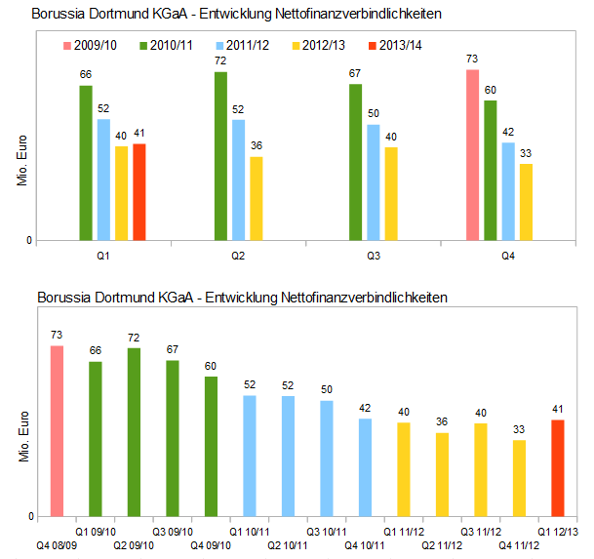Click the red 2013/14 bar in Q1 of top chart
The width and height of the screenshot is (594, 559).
coord(139,191)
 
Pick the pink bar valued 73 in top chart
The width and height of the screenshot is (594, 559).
coord(472,154)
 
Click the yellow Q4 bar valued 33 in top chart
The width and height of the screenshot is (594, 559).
coord(526,201)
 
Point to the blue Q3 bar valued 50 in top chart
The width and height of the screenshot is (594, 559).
coord(373,182)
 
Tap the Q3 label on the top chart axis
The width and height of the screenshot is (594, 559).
coord(373,256)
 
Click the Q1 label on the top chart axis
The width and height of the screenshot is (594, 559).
coord(103,256)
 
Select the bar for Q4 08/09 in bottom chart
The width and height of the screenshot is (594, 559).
coord(57,430)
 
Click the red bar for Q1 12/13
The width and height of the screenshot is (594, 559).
coord(558,467)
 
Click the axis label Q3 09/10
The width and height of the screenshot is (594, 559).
coord(173,531)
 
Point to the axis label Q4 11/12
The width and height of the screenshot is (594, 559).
coord(519,544)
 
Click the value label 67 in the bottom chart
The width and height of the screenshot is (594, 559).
coord(173,350)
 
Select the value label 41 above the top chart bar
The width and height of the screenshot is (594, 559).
coord(139,134)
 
